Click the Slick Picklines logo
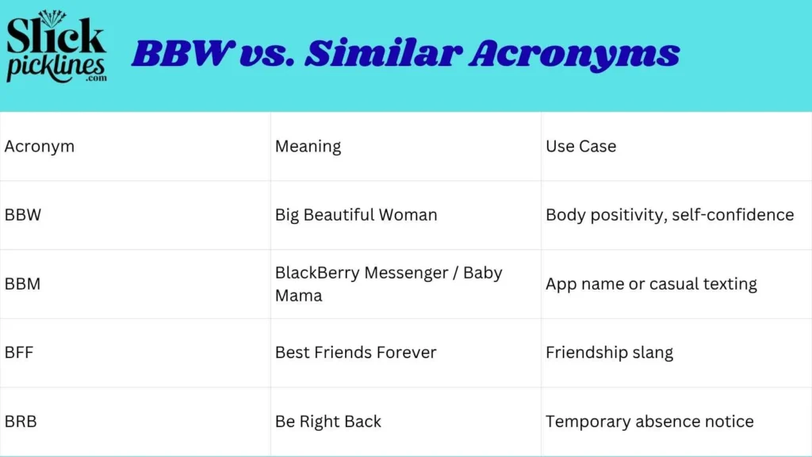56,47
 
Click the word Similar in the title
383,53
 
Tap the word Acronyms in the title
574,56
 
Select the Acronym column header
40,147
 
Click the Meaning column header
308,147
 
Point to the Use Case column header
581,146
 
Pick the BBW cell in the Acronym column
23,214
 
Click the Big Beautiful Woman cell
356,215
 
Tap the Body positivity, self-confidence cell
670,215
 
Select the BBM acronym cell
22,284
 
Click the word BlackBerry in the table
317,273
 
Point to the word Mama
299,296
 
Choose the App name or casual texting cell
652,284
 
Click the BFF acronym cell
19,352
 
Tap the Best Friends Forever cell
356,352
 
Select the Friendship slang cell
610,353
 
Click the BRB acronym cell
21,421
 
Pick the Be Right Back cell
328,422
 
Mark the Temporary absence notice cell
650,422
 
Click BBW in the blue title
180,53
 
